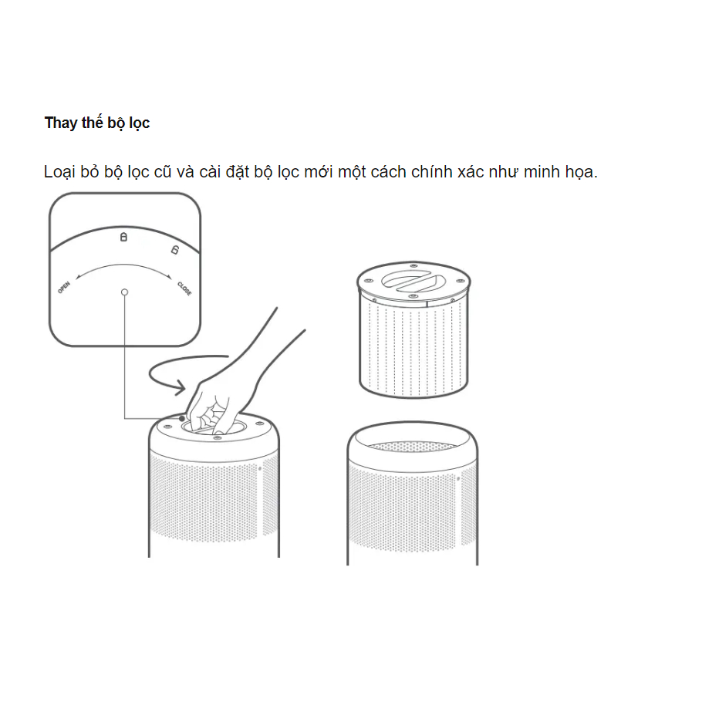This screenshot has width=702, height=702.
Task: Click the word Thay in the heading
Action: click(x=61, y=123)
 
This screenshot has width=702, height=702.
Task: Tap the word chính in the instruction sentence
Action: click(x=431, y=172)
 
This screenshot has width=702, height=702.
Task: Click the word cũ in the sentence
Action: click(x=163, y=172)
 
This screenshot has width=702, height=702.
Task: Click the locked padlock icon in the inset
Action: click(x=123, y=236)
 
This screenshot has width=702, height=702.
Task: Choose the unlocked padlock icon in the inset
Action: click(x=174, y=249)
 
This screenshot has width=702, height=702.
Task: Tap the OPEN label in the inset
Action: click(x=63, y=288)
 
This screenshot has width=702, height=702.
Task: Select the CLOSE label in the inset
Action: click(x=184, y=289)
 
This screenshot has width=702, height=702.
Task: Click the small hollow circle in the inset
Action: click(x=124, y=292)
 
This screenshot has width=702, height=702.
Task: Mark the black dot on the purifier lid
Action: click(x=182, y=419)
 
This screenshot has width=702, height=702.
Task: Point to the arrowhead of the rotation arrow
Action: click(x=180, y=387)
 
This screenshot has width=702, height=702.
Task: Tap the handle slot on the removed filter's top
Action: click(x=413, y=281)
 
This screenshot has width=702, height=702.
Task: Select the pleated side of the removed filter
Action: click(x=413, y=347)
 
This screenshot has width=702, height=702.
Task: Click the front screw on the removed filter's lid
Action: click(x=413, y=296)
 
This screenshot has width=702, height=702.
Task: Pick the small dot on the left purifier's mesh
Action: click(x=260, y=469)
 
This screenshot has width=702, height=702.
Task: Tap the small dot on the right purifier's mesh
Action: click(x=458, y=478)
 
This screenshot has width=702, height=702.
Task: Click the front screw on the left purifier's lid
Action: click(x=217, y=437)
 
